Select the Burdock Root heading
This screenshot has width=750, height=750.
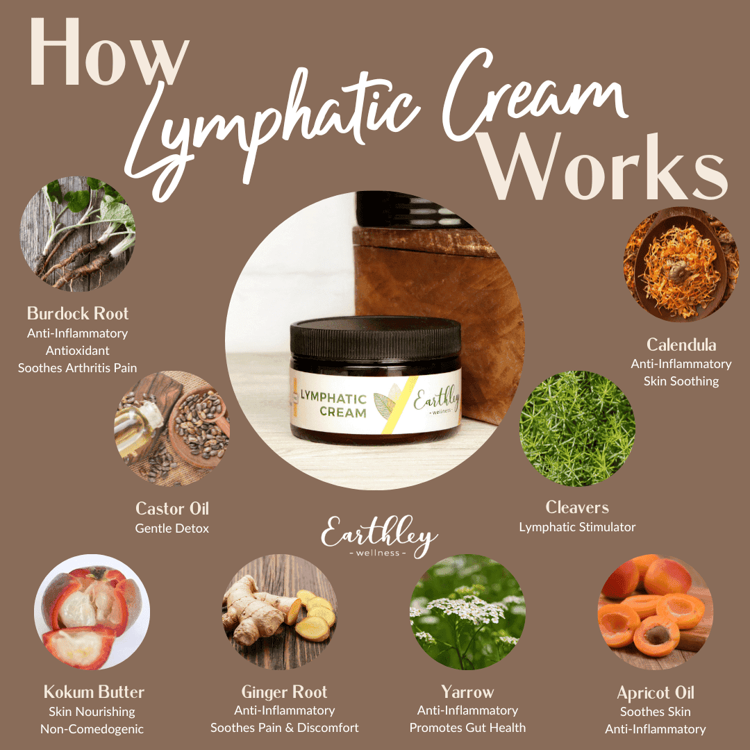pos(78,313)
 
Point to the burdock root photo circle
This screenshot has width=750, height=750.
pos(78,234)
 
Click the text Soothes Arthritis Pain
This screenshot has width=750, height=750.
pos(78,368)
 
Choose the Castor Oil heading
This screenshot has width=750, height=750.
pos(172,508)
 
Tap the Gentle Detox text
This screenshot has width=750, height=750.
pos(172,528)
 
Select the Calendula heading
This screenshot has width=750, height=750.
pos(681,344)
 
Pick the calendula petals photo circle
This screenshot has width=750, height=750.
pos(681,264)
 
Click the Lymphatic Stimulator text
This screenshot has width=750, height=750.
pos(577,527)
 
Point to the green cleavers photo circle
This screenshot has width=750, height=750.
pos(577,428)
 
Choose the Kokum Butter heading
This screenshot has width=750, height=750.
pos(94,692)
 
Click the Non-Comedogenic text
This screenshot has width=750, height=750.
pos(92,729)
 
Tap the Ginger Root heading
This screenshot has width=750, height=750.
pos(284,692)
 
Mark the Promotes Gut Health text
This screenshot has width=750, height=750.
pos(467,728)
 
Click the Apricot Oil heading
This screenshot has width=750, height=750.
pos(656,692)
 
